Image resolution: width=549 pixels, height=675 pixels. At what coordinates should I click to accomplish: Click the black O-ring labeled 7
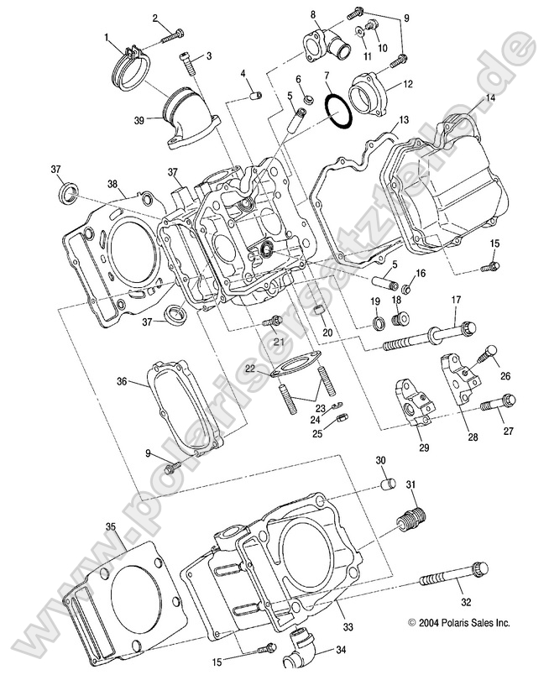336,112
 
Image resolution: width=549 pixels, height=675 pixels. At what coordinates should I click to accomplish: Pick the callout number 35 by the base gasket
110,526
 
